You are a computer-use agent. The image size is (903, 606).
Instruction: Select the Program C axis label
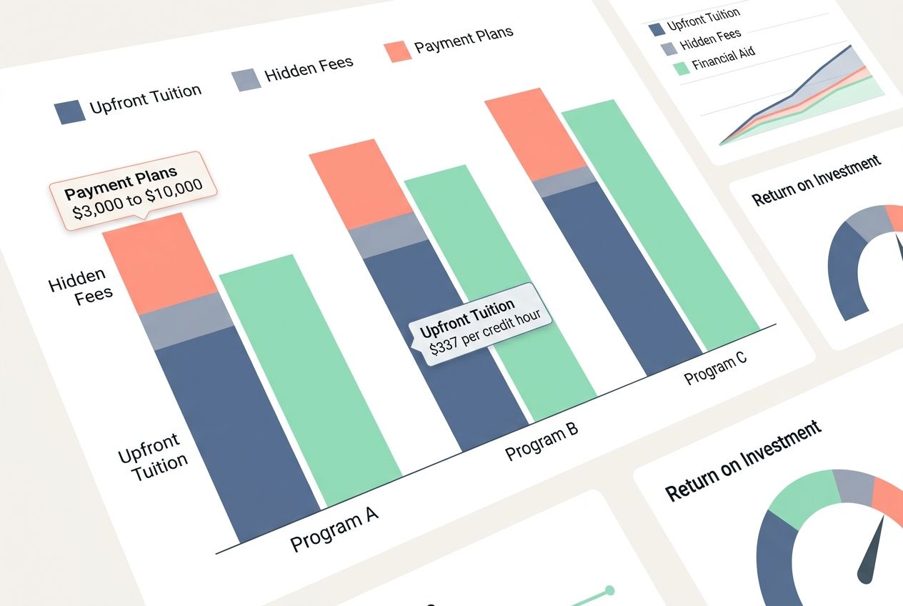(x=715, y=367)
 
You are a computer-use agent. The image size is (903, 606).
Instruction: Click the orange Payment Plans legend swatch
(x=397, y=51)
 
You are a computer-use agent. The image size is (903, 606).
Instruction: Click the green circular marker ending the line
(x=609, y=590)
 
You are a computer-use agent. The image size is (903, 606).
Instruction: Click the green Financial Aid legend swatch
(x=682, y=68)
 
